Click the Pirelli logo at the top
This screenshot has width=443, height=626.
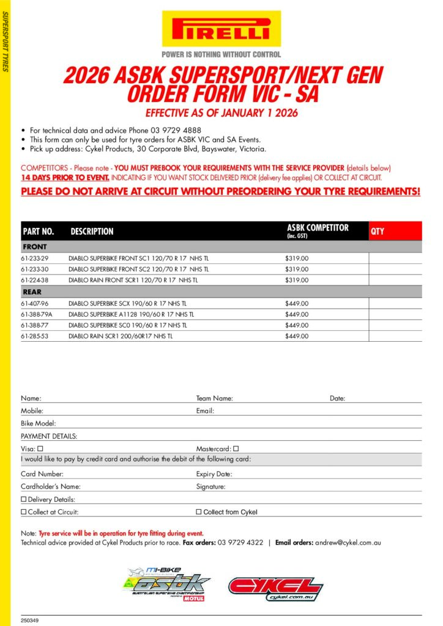point(221,29)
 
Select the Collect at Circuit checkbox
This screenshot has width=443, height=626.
point(24,512)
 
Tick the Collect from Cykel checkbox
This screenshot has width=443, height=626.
point(198,512)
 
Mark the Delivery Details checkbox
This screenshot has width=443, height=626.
point(24,499)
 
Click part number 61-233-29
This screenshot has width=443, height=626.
point(34,259)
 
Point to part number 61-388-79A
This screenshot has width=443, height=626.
point(36,314)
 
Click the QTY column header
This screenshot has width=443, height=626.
point(378,232)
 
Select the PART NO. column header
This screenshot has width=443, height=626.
point(39,232)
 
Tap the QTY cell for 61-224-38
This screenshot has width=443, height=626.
point(395,281)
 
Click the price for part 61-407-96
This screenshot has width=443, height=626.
point(297,303)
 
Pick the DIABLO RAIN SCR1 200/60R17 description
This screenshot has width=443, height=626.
point(121,336)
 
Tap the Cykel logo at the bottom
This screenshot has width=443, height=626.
point(275,589)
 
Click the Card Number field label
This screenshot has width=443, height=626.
point(42,474)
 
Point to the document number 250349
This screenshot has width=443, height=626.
point(30,621)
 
